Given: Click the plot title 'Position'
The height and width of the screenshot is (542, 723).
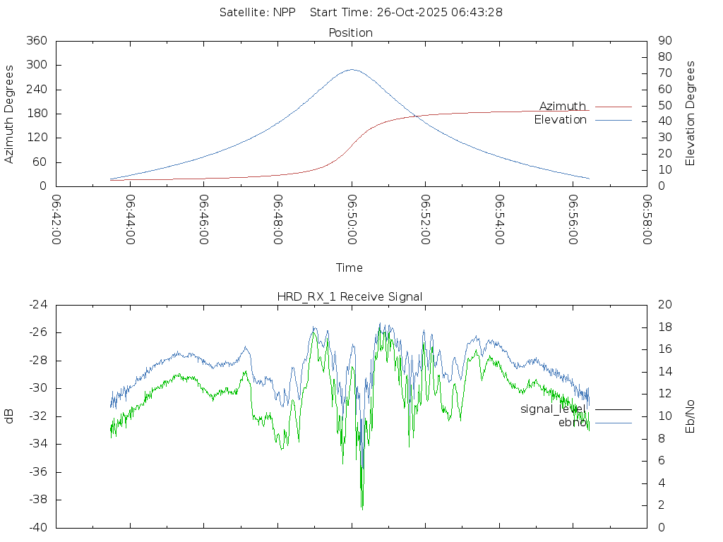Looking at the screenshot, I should point(350,33).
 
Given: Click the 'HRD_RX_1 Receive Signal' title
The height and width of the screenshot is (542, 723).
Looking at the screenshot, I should point(350,297).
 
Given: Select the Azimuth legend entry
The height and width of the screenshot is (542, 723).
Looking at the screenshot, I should point(563,107).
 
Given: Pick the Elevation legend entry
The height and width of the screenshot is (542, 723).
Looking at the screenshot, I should point(560,120).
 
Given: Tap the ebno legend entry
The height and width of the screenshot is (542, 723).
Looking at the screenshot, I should point(573,422).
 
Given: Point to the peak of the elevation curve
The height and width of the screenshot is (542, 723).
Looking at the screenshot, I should point(352,69).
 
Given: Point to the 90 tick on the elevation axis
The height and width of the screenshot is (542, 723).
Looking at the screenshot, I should point(664,41).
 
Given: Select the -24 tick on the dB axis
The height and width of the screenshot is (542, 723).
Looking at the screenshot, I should point(37,305).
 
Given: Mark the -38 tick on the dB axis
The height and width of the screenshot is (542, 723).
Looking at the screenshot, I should point(37,500).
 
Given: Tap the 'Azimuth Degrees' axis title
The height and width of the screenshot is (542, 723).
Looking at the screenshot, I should point(10,114).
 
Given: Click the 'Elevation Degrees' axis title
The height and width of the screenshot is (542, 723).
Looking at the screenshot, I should point(691,114).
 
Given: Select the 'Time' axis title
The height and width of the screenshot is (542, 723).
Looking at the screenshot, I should point(349,268).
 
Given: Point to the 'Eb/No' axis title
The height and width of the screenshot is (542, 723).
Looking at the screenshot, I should point(691,416).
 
